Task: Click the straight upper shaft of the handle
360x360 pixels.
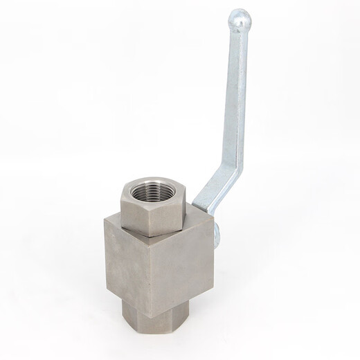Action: point(237,97)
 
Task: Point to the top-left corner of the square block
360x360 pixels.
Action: point(106,220)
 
